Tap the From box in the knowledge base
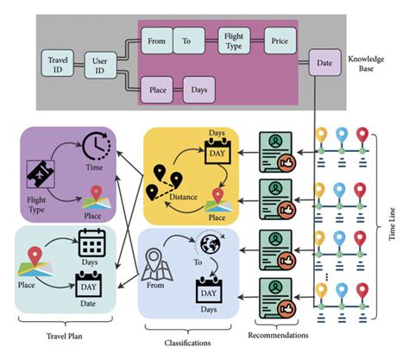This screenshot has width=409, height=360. (156, 40)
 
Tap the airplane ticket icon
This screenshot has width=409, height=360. (41, 175)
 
